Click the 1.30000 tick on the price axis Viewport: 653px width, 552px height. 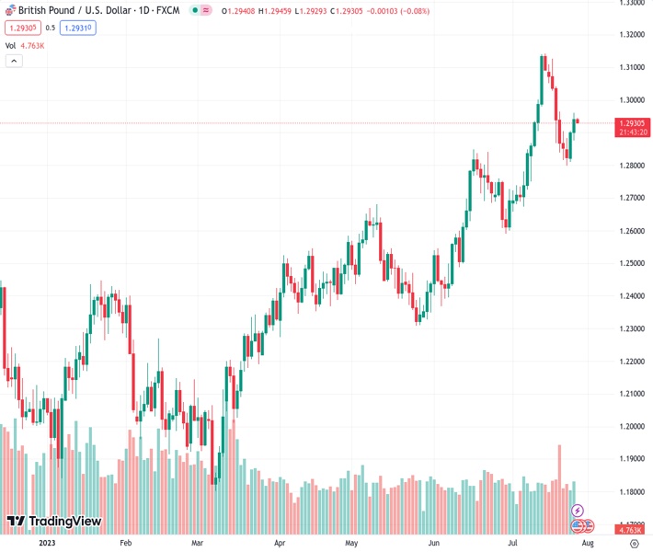631,99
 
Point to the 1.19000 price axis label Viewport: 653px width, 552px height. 631,458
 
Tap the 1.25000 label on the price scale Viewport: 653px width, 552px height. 631,263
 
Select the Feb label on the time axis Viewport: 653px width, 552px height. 126,543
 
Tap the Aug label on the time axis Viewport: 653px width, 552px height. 588,543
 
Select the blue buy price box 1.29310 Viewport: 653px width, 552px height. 77,28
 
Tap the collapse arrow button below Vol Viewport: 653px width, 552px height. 14,61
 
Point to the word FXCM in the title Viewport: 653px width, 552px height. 166,10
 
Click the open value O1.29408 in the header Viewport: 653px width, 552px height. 244,10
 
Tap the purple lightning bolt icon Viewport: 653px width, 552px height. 578,510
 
